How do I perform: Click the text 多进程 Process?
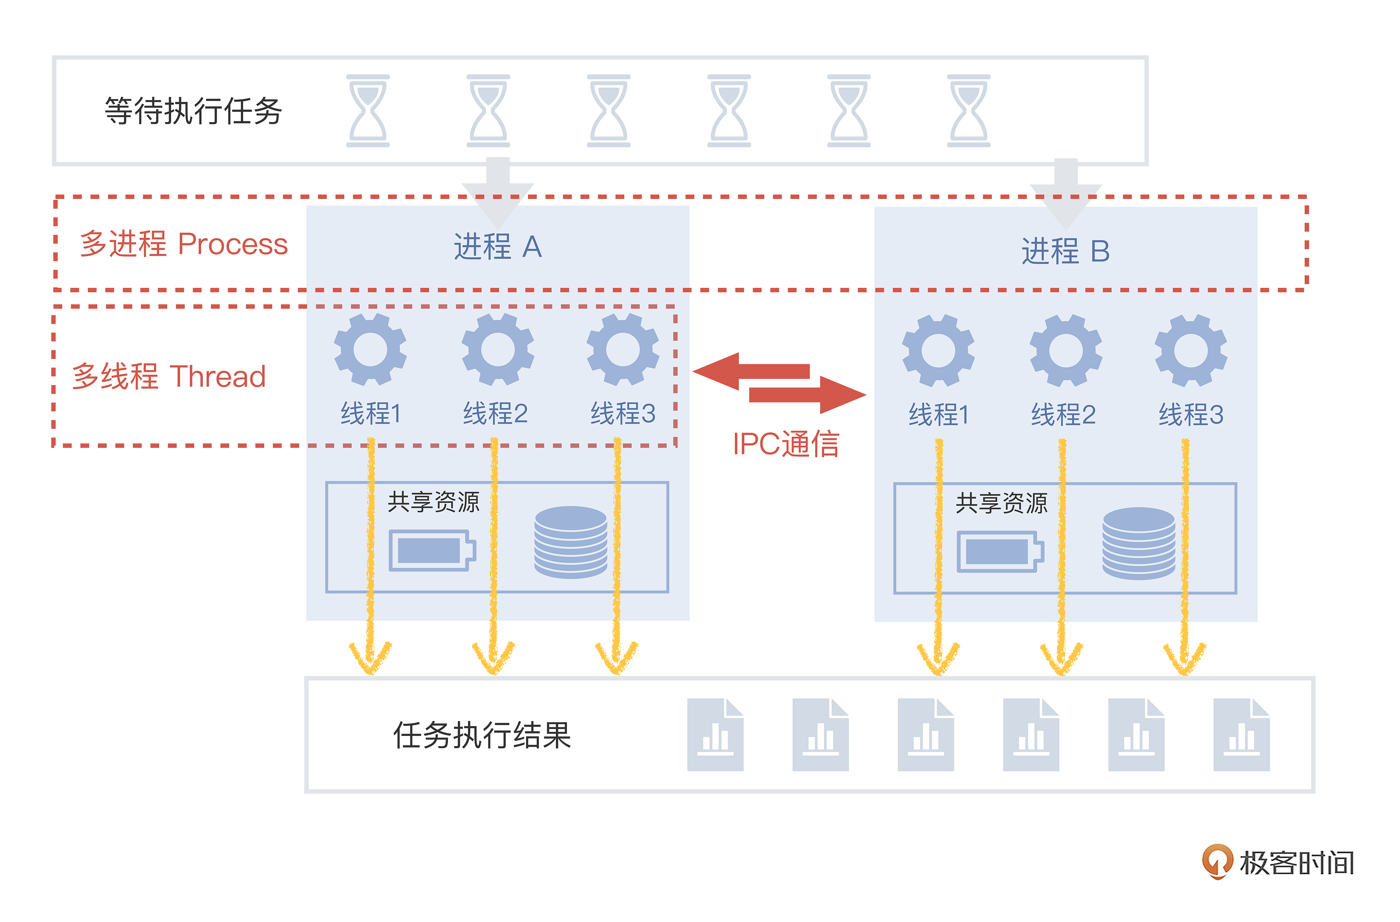click(183, 244)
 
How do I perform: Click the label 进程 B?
click(1065, 252)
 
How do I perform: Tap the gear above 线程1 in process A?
click(370, 349)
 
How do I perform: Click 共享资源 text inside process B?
click(1001, 503)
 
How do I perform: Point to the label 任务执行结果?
click(482, 735)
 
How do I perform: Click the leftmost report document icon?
click(715, 735)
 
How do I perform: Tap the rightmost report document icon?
click(1241, 735)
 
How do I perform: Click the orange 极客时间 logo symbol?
click(1217, 861)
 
